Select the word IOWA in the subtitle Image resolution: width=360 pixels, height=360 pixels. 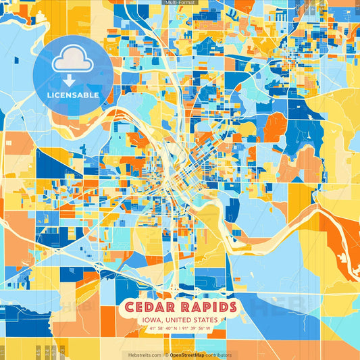pos(151,319)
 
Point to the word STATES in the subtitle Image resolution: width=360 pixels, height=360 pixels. pos(205,319)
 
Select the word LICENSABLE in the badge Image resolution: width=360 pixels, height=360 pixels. pos(73,95)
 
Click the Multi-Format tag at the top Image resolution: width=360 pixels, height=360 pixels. pos(180,3)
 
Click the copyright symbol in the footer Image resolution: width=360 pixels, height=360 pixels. pos(165,355)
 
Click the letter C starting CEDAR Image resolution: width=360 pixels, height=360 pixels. pos(129,307)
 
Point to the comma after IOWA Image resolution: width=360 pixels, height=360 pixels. pos(159,321)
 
